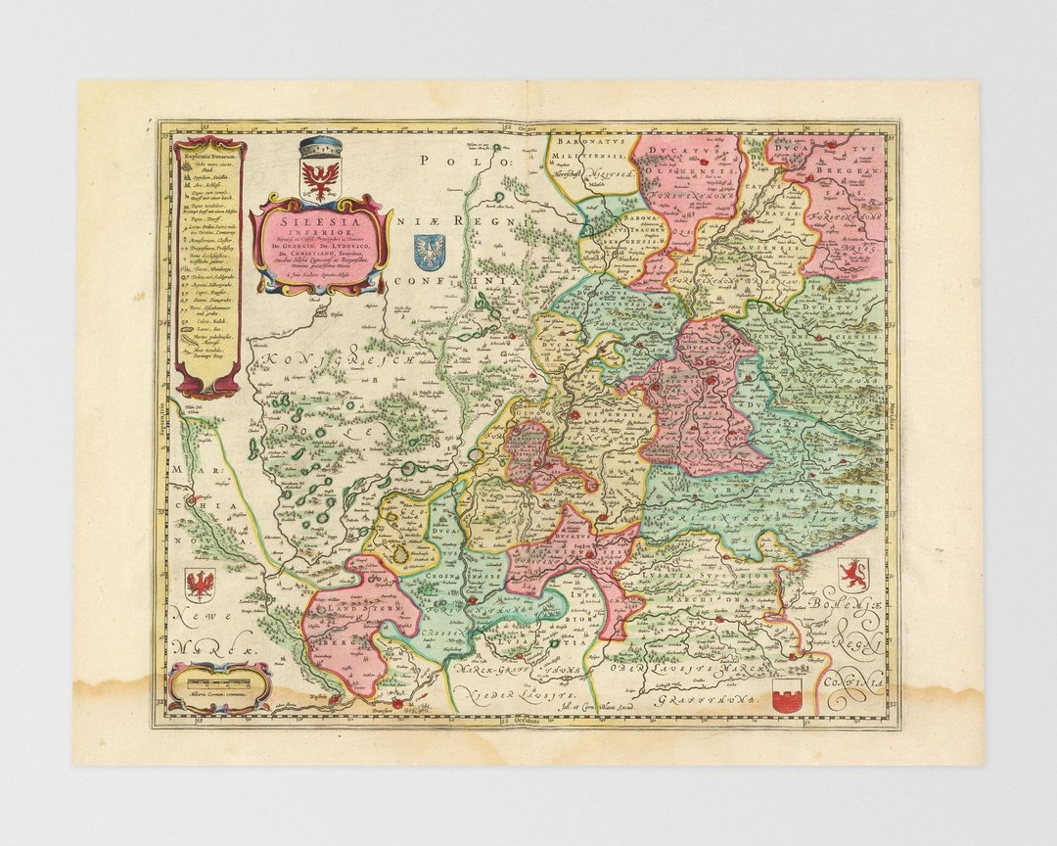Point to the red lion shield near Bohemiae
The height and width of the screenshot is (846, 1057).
(x=851, y=575)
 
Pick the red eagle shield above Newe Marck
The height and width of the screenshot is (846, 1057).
(x=200, y=586)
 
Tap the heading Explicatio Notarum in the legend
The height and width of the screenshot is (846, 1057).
(x=209, y=155)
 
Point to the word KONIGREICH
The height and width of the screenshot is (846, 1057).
(x=336, y=362)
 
